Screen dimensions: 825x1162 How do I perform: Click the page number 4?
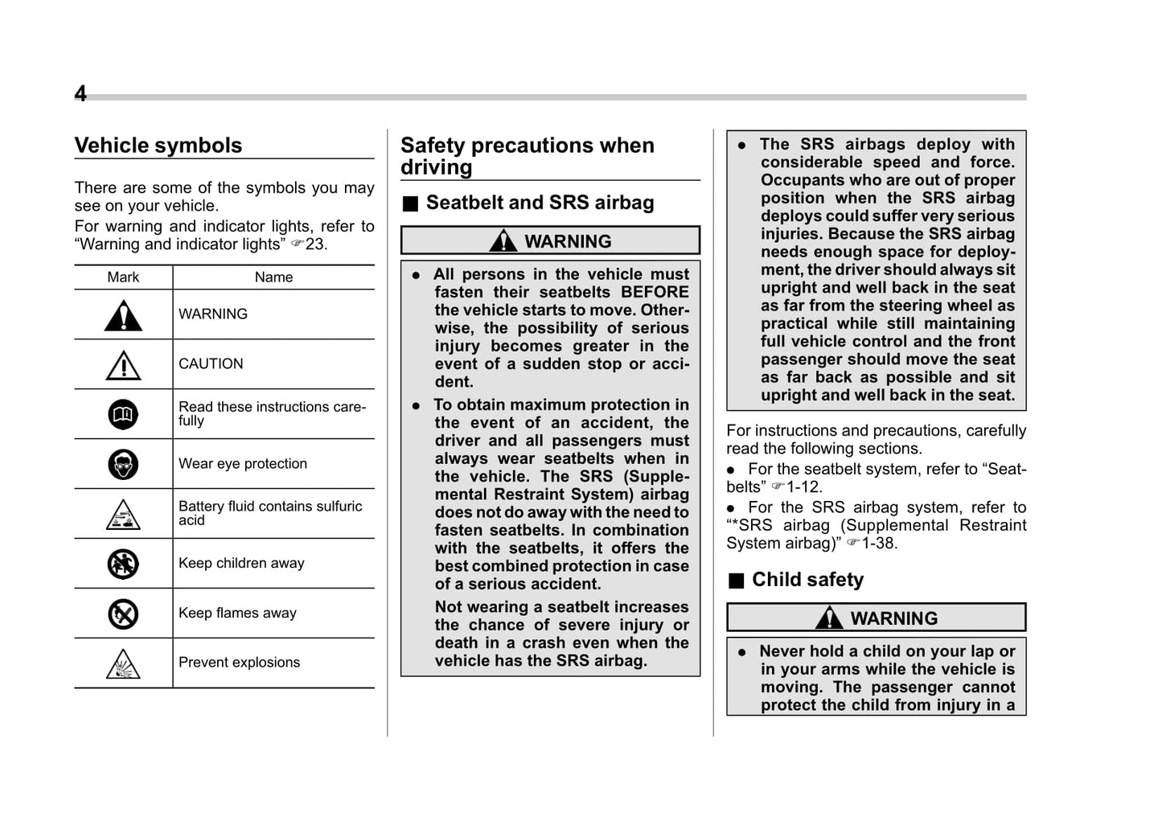pyautogui.click(x=80, y=94)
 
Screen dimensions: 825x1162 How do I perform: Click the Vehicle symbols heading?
pyautogui.click(x=158, y=146)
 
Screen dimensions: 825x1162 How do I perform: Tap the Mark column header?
pyautogui.click(x=123, y=277)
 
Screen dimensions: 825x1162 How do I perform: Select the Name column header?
pyautogui.click(x=273, y=277)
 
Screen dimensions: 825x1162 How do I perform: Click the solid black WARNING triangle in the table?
pyautogui.click(x=123, y=316)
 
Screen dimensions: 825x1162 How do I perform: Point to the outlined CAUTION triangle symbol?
pyautogui.click(x=123, y=366)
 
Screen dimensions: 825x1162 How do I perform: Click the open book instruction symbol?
pyautogui.click(x=123, y=415)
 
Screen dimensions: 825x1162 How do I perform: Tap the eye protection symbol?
pyautogui.click(x=123, y=465)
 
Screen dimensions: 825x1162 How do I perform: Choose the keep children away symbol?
pyautogui.click(x=123, y=564)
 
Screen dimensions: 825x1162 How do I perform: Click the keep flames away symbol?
pyautogui.click(x=123, y=614)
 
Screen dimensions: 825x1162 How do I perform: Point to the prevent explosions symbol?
pyautogui.click(x=123, y=664)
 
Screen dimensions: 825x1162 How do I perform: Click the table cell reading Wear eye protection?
pyautogui.click(x=243, y=464)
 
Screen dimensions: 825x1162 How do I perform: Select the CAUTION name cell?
pyautogui.click(x=211, y=364)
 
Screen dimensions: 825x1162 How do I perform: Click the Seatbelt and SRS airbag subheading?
pyautogui.click(x=540, y=203)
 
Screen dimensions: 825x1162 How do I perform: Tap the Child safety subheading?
pyautogui.click(x=807, y=580)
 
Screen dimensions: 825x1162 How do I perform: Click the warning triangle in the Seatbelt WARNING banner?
pyautogui.click(x=503, y=240)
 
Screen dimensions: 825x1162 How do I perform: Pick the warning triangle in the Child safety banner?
pyautogui.click(x=829, y=618)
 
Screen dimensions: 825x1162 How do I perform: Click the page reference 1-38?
pyautogui.click(x=879, y=544)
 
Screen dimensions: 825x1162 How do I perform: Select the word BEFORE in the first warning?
pyautogui.click(x=655, y=293)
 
